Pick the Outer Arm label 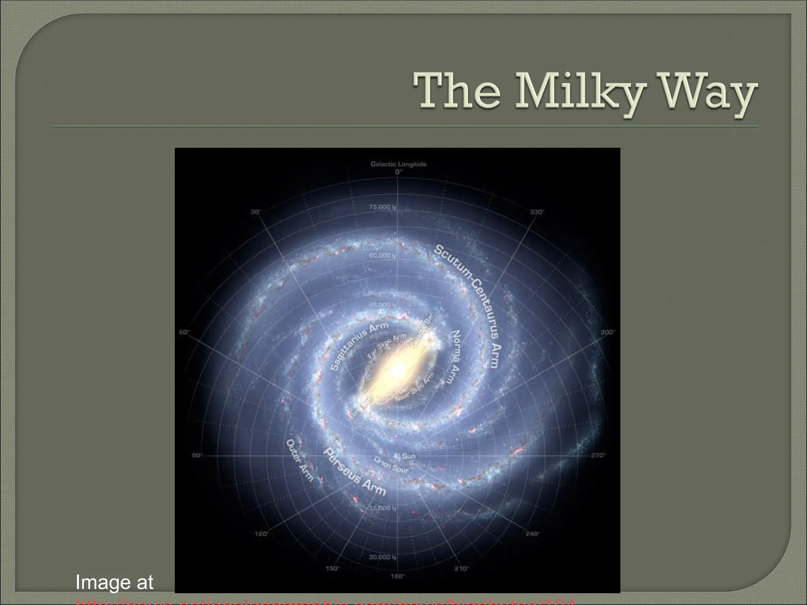(300, 460)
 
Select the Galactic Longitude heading (398, 164)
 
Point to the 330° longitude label (537, 212)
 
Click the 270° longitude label (598, 456)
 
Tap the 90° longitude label (197, 456)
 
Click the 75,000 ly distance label (382, 207)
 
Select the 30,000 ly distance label (382, 557)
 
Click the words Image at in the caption (114, 582)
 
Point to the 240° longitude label (533, 534)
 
